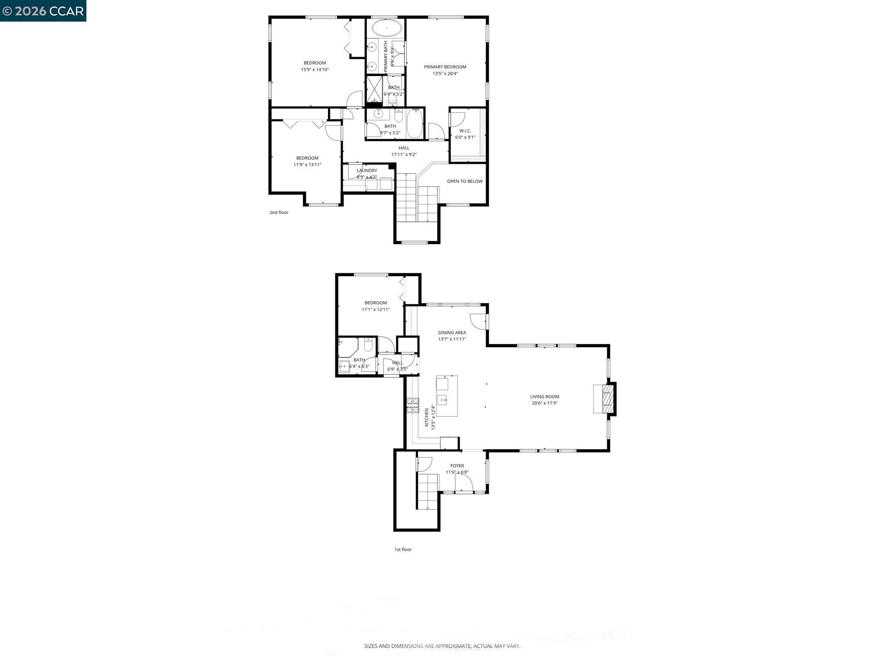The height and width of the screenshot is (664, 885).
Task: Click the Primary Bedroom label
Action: pyautogui.click(x=445, y=67)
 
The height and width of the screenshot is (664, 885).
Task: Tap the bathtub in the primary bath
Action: pyautogui.click(x=386, y=29)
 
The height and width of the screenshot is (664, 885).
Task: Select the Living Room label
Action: pyautogui.click(x=544, y=396)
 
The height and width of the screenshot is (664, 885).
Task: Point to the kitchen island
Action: pyautogui.click(x=446, y=396)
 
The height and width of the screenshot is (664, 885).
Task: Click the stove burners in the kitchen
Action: pyautogui.click(x=412, y=405)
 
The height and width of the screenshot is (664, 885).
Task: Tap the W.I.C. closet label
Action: pyautogui.click(x=465, y=131)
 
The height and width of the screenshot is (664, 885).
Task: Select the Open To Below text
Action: pyautogui.click(x=465, y=182)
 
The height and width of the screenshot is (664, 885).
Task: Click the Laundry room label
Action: pyautogui.click(x=367, y=171)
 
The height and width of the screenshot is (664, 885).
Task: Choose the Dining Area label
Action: pyautogui.click(x=452, y=333)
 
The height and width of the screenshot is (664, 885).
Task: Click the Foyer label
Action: pyautogui.click(x=457, y=466)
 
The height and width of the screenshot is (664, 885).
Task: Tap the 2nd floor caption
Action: pyautogui.click(x=279, y=213)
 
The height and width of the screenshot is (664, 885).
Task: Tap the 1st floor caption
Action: pyautogui.click(x=403, y=550)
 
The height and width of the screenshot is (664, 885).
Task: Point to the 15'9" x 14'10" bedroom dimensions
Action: pyautogui.click(x=315, y=70)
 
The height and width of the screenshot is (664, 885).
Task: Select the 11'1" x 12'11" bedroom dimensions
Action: pyautogui.click(x=376, y=310)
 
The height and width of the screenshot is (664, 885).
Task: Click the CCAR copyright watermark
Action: pyautogui.click(x=43, y=11)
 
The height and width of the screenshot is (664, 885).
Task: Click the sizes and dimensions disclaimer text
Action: pyautogui.click(x=442, y=646)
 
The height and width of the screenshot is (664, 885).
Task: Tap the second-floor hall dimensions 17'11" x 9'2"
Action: pyautogui.click(x=404, y=155)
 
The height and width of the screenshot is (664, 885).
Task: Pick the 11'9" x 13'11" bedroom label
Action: pyautogui.click(x=307, y=158)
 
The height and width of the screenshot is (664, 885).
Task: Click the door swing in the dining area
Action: pyautogui.click(x=478, y=321)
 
